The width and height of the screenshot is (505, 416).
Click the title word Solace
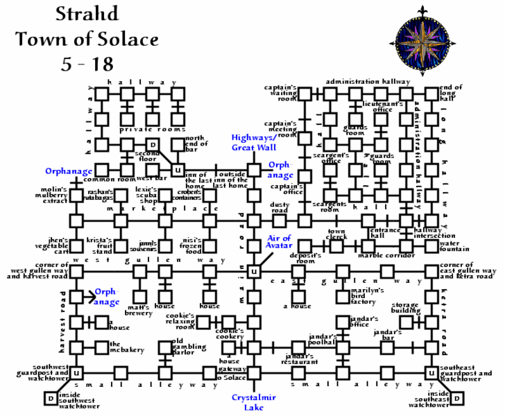coord(131,40)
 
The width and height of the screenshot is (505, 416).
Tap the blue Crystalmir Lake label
coord(249,402)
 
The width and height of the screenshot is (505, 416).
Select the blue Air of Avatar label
coord(278,243)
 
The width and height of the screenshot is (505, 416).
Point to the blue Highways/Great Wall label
coord(254,142)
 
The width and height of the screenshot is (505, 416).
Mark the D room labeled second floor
coord(154,145)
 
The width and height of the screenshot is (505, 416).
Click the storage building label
coord(404,308)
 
